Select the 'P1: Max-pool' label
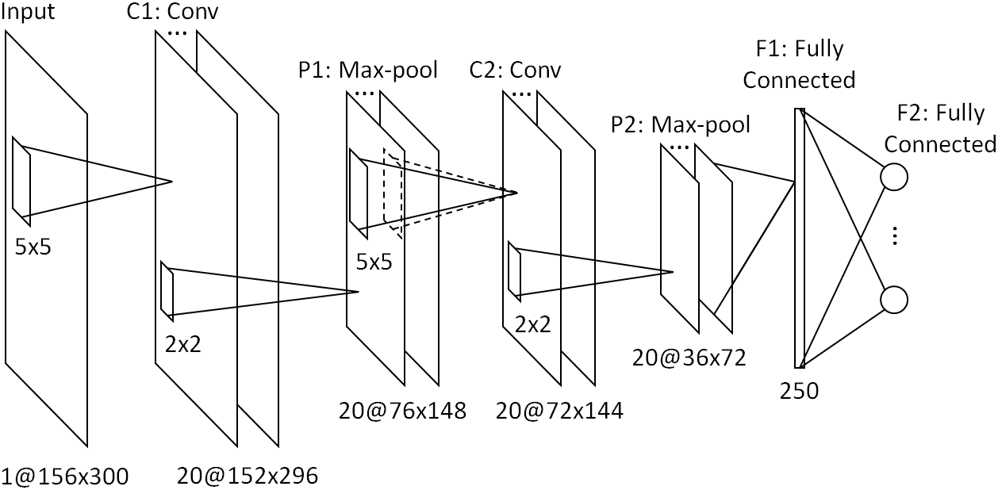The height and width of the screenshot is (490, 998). coord(368,70)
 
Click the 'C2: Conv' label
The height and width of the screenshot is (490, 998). coord(515,70)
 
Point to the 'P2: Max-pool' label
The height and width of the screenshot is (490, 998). coord(681,124)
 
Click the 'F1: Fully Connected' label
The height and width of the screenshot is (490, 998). coord(799,64)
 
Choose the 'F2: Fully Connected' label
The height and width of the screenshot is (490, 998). coord(940,128)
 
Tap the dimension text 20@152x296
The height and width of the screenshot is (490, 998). coord(248,476)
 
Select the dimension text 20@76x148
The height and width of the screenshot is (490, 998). coord(401,411)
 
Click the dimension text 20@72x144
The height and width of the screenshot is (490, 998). coord(559,411)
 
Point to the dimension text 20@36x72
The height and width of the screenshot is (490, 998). coord(689,358)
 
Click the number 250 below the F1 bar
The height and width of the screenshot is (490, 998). coord(800,391)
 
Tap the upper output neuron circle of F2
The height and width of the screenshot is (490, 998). coord(894,177)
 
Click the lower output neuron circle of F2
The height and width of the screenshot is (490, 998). coord(894,300)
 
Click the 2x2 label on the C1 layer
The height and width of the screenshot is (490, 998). coord(183,344)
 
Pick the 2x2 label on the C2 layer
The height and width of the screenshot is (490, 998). coord(533,323)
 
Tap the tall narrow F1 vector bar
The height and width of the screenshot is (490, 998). coord(800,238)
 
